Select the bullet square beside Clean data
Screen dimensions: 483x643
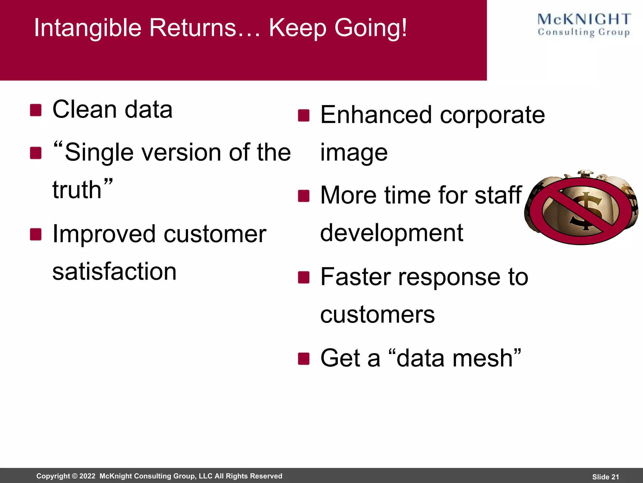36,110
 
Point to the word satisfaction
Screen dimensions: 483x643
114,271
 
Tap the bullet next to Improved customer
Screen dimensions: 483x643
36,234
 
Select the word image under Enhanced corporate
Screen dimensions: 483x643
354,153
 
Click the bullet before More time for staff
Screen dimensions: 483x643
304,196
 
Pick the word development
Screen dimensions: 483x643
392,233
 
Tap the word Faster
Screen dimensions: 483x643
355,277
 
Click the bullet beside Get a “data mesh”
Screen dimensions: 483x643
304,358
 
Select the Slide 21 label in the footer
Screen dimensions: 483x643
605,477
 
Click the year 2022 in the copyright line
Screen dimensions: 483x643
87,476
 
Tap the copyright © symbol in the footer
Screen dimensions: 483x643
75,476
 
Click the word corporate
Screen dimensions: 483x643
492,115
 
